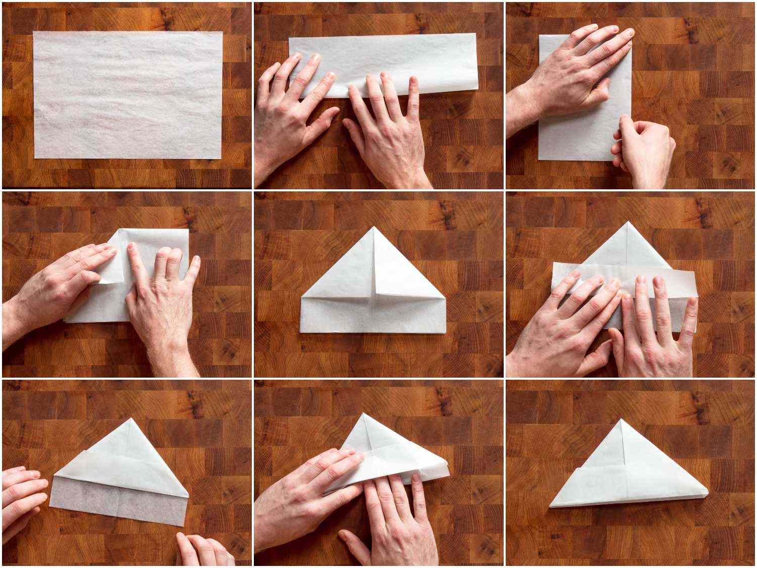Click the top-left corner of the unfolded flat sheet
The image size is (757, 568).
click(x=34, y=32)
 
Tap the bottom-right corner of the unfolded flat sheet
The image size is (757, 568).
click(x=221, y=159)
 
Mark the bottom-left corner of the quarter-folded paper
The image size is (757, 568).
click(x=539, y=160)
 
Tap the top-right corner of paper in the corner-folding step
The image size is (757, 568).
click(x=188, y=230)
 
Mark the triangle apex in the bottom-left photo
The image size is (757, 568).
click(x=132, y=419)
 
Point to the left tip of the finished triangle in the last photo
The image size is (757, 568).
click(x=550, y=506)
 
